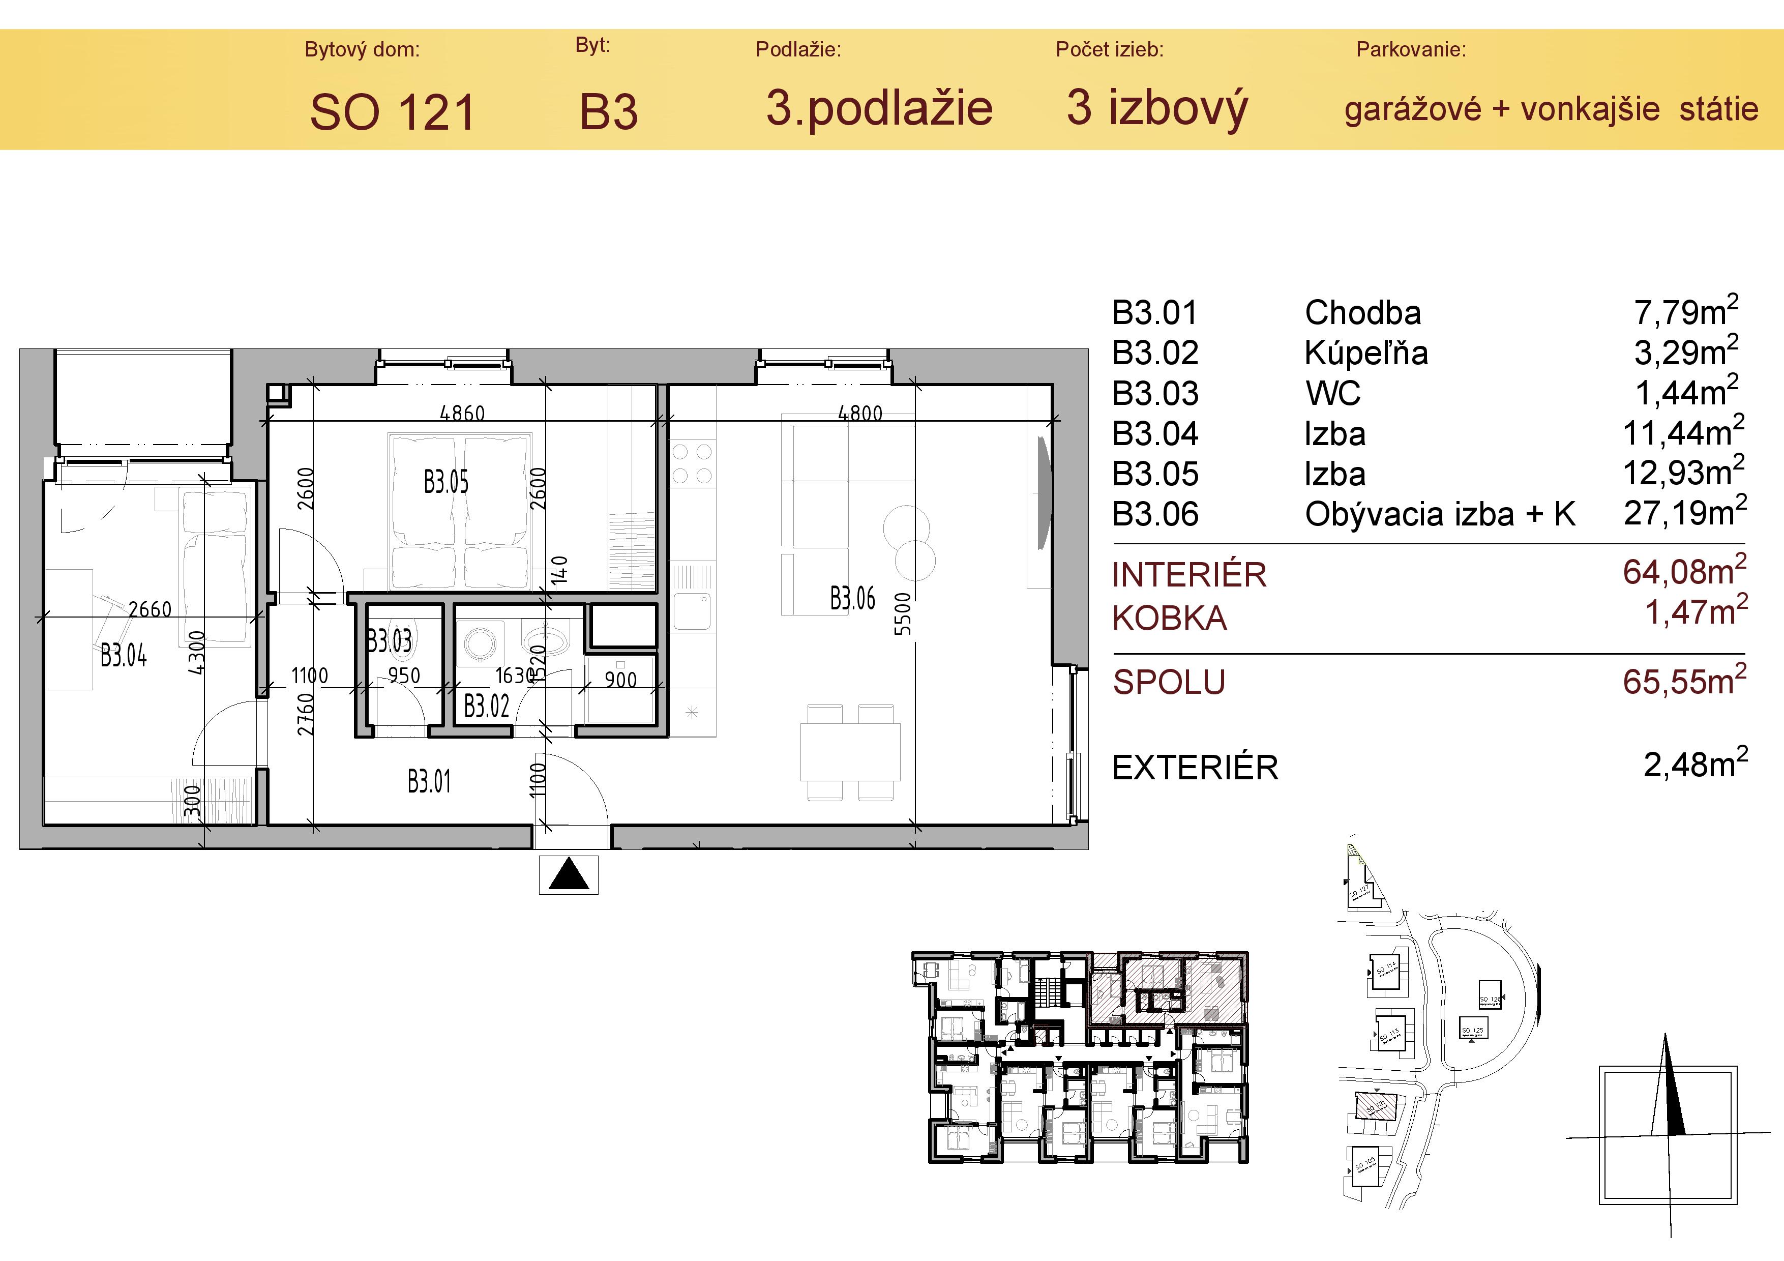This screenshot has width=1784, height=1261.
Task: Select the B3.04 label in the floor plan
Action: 124,656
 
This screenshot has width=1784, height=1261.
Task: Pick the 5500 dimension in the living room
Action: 902,614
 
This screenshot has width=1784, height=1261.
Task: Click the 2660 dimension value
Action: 150,609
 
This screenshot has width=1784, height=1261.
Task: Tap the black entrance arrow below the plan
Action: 569,875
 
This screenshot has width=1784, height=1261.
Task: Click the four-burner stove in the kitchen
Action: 692,464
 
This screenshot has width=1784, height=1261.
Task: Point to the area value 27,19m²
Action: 1684,513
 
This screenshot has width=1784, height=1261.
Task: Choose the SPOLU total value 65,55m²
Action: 1684,682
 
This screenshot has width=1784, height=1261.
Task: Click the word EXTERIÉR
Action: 1195,768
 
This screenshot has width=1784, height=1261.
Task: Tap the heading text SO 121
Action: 393,112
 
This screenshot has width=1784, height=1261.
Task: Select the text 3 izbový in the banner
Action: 1157,108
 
